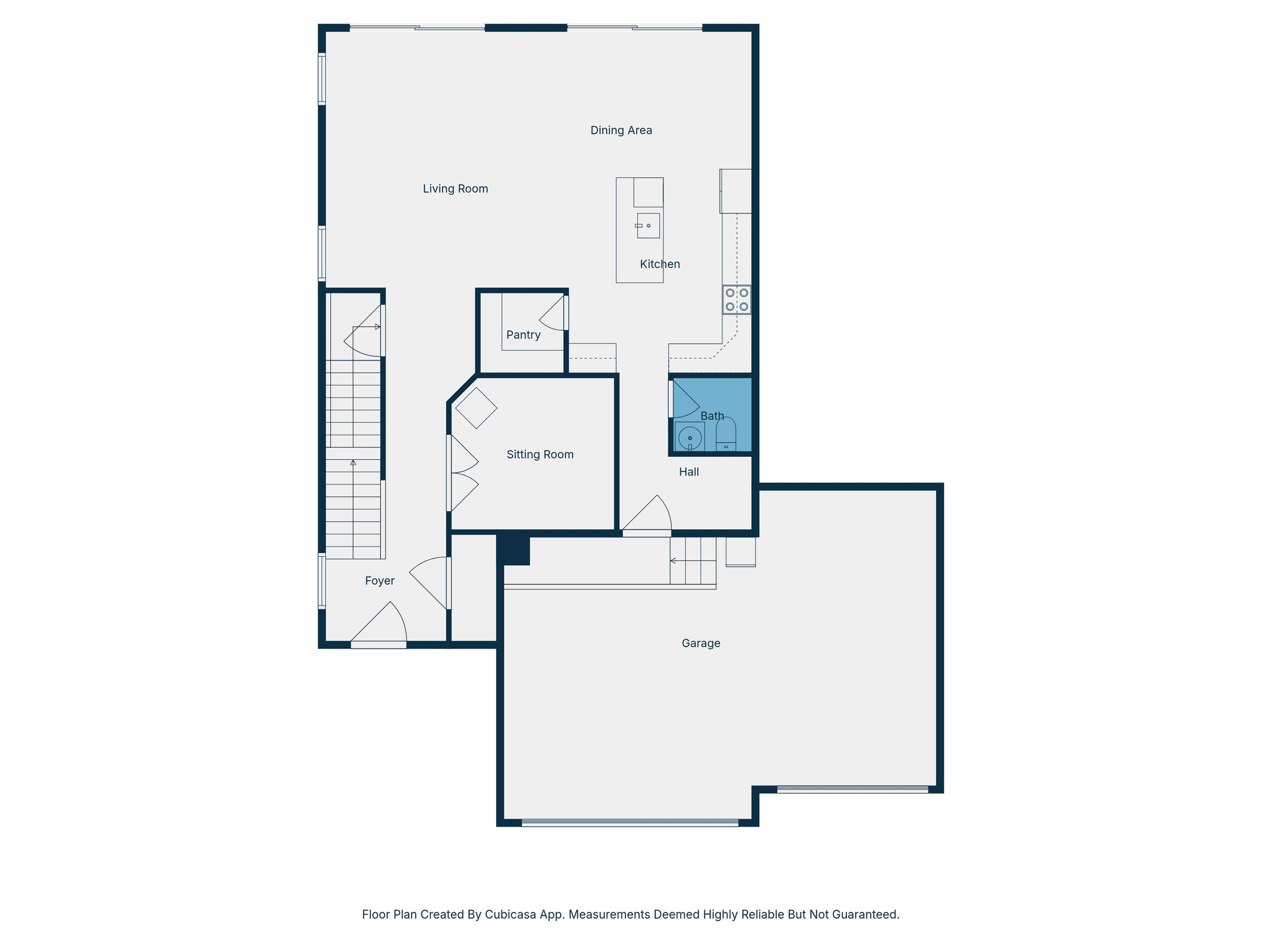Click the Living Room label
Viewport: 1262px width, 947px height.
[455, 189]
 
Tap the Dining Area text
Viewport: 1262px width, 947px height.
[621, 130]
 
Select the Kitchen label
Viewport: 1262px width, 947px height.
[659, 264]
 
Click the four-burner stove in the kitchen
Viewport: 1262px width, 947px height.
[736, 300]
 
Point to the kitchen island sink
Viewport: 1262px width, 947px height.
[648, 226]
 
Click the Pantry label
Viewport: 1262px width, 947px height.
[523, 335]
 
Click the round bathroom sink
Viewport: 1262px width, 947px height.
[690, 438]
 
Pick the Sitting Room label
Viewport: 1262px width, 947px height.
[540, 454]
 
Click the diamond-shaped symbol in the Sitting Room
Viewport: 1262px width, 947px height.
[476, 408]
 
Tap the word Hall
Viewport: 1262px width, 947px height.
[688, 472]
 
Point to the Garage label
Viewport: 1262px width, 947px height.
[701, 643]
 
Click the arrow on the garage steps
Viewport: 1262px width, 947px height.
[674, 560]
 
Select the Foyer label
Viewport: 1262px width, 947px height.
[379, 581]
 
